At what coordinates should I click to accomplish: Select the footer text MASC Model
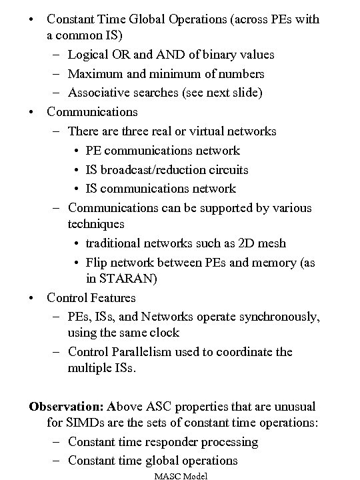[x=181, y=475]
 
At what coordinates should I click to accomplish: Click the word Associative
[x=99, y=93]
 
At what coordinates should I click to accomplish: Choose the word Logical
[x=90, y=54]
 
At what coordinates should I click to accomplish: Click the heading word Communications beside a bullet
[x=92, y=112]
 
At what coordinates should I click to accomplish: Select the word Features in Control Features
[x=111, y=297]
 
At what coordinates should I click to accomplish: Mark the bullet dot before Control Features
[x=32, y=297]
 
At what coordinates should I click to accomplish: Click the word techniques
[x=95, y=224]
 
